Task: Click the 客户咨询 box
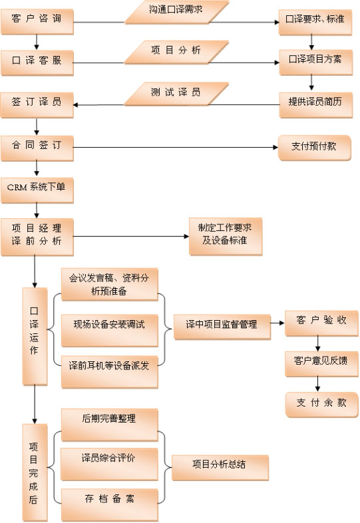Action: pyautogui.click(x=37, y=22)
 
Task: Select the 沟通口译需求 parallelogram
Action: pyautogui.click(x=176, y=13)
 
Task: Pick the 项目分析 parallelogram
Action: pyautogui.click(x=176, y=53)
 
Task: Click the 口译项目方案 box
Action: pyautogui.click(x=315, y=63)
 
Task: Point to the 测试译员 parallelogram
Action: pyautogui.click(x=176, y=94)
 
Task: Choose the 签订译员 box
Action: pyautogui.click(x=37, y=105)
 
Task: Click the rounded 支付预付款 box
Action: pyautogui.click(x=314, y=148)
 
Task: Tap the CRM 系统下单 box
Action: pyautogui.click(x=37, y=191)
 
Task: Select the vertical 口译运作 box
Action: pyautogui.click(x=35, y=336)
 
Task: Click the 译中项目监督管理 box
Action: pyautogui.click(x=222, y=327)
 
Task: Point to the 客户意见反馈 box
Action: pyautogui.click(x=321, y=364)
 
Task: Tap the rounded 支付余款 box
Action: pyautogui.click(x=321, y=405)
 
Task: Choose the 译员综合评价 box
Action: pyautogui.click(x=109, y=464)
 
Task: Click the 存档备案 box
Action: pyautogui.click(x=109, y=505)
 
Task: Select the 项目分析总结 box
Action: pyautogui.click(x=220, y=468)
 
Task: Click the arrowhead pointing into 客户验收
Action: pyautogui.click(x=281, y=323)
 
